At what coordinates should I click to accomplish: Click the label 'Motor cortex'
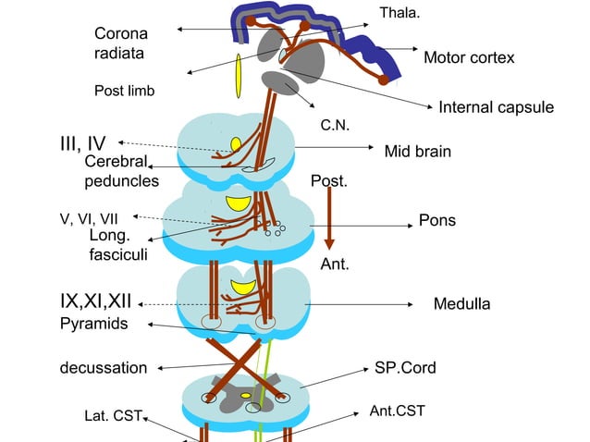468,58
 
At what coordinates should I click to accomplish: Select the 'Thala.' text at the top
399,12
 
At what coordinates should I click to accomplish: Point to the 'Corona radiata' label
120,43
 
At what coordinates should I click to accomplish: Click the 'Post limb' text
124,91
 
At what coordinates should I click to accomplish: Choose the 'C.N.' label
334,124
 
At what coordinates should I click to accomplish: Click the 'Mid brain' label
417,151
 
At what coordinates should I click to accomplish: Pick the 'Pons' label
437,222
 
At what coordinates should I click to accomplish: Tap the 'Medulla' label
461,303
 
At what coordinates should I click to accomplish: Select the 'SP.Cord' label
405,367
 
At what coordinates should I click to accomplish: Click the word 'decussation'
104,368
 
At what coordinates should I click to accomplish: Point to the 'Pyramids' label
93,324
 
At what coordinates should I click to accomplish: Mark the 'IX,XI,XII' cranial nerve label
96,302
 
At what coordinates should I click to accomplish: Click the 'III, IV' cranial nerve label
82,143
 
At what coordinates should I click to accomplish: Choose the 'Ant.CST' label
398,410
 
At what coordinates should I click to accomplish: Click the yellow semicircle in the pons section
239,203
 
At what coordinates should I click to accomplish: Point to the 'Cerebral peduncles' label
121,171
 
